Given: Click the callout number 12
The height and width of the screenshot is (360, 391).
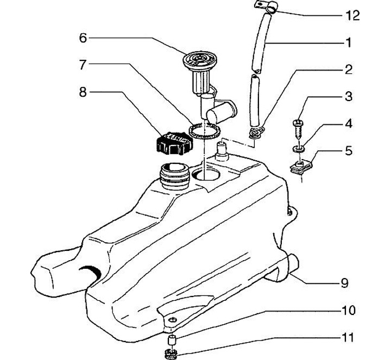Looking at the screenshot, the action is click(352, 16).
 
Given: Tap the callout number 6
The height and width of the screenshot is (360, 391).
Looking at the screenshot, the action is click(83, 38).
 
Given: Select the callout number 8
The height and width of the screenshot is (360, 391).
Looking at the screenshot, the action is click(83, 92).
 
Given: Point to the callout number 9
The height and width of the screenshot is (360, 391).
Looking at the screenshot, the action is click(344, 283).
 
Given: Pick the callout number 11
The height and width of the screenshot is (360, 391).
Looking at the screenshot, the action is click(348, 338).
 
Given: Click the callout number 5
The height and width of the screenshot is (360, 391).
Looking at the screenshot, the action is click(349, 151).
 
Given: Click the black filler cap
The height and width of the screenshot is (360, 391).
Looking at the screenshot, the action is click(174, 143).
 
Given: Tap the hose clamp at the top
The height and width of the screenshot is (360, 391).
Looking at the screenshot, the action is click(266, 6).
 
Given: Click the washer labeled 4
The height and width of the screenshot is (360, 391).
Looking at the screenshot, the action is click(298, 149).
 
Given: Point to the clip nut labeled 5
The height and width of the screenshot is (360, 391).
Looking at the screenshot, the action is click(301, 167).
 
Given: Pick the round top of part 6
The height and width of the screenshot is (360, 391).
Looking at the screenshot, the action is click(200, 60).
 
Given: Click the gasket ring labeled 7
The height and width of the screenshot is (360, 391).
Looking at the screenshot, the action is click(205, 131).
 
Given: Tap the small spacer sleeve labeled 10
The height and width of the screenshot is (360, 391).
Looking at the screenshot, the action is click(172, 340).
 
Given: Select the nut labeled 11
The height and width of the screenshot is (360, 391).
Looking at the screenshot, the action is click(171, 354).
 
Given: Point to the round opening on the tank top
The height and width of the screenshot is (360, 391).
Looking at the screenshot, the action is click(206, 174).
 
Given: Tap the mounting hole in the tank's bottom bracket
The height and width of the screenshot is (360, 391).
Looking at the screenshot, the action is click(173, 320).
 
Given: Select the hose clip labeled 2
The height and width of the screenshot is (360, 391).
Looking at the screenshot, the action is click(257, 131).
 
